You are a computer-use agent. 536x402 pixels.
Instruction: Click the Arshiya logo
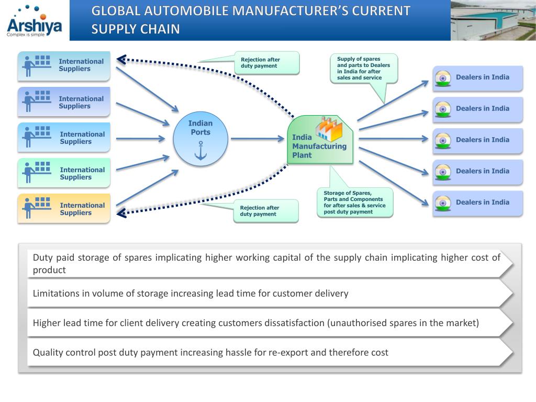[x=35, y=21]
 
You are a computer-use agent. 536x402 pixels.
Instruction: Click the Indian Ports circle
[x=200, y=139]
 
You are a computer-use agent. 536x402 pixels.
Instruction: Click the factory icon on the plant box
[x=328, y=128]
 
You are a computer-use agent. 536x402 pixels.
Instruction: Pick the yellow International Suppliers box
[x=64, y=208]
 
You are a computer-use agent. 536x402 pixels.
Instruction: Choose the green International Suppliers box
[x=64, y=173]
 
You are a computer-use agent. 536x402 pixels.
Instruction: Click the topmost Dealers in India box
[x=477, y=78]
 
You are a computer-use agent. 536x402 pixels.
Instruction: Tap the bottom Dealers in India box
[x=477, y=203]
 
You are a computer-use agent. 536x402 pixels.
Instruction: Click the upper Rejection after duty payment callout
[x=267, y=63]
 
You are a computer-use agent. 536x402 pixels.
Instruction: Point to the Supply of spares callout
[x=364, y=69]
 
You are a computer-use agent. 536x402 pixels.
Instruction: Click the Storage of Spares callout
[x=355, y=202]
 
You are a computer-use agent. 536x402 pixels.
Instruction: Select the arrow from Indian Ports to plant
[x=256, y=139]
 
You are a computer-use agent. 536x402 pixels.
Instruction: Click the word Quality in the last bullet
[x=48, y=352]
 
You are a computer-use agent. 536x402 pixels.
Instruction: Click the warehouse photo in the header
[x=493, y=20]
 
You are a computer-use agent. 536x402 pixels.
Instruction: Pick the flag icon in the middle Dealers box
[x=443, y=140]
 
